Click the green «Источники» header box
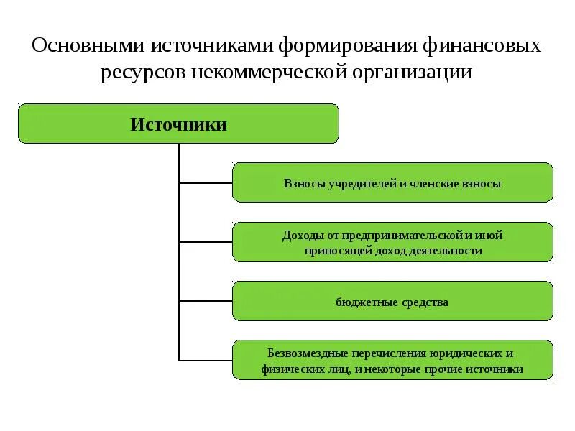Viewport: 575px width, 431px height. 178,124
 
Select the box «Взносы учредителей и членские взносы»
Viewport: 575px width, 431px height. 392,182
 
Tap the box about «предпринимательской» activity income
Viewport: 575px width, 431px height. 392,242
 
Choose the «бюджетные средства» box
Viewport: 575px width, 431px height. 392,302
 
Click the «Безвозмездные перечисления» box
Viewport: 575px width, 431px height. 392,361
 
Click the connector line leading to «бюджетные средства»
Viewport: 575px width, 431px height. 206,300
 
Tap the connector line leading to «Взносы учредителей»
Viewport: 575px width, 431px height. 206,183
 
